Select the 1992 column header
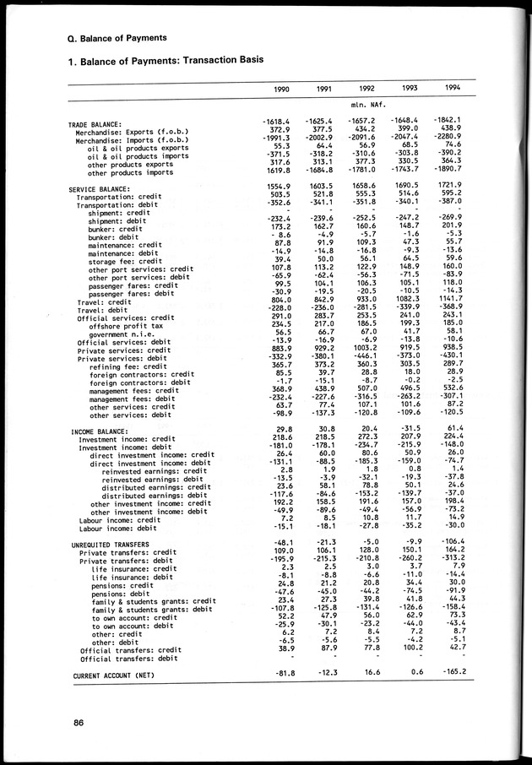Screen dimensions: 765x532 click(x=366, y=89)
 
